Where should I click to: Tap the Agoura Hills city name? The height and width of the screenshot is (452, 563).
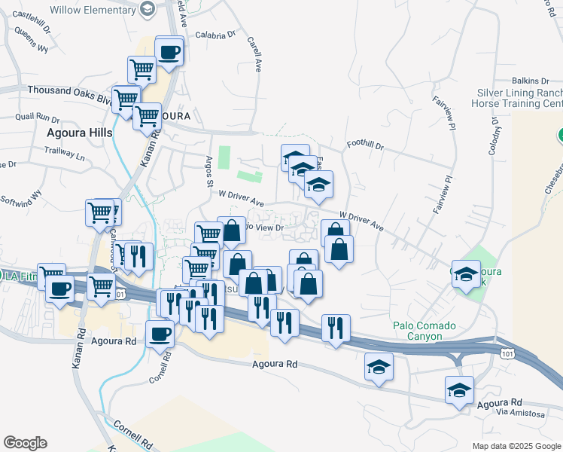[x=79, y=133]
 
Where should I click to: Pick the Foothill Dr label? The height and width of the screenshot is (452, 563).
[x=365, y=144]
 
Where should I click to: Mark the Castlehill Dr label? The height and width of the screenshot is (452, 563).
[x=31, y=15]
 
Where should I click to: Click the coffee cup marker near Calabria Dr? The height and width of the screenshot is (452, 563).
[x=169, y=53]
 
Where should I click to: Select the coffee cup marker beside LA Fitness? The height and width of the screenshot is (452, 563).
[x=59, y=289]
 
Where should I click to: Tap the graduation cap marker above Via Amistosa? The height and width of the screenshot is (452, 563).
[x=459, y=390]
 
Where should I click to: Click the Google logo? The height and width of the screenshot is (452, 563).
[x=25, y=443]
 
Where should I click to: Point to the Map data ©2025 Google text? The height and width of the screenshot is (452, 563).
[x=516, y=446]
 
